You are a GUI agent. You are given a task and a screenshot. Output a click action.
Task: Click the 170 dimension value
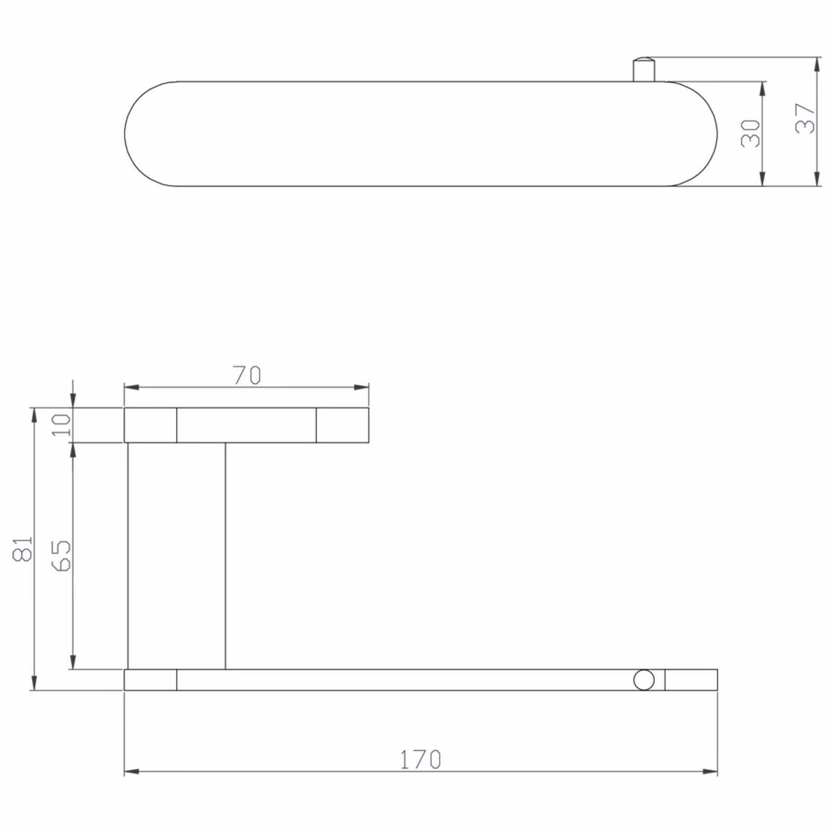421,760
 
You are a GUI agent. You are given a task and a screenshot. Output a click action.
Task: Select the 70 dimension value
246,375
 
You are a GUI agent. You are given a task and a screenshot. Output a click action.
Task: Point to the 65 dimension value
61,555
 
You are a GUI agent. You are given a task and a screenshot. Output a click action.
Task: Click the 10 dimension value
61,425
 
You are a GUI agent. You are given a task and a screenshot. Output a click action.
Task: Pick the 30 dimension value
750,133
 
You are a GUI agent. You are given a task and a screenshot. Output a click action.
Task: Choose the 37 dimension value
805,119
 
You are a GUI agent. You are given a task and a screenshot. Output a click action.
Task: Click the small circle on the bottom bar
644,680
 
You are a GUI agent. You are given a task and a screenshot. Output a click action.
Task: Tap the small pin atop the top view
644,70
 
